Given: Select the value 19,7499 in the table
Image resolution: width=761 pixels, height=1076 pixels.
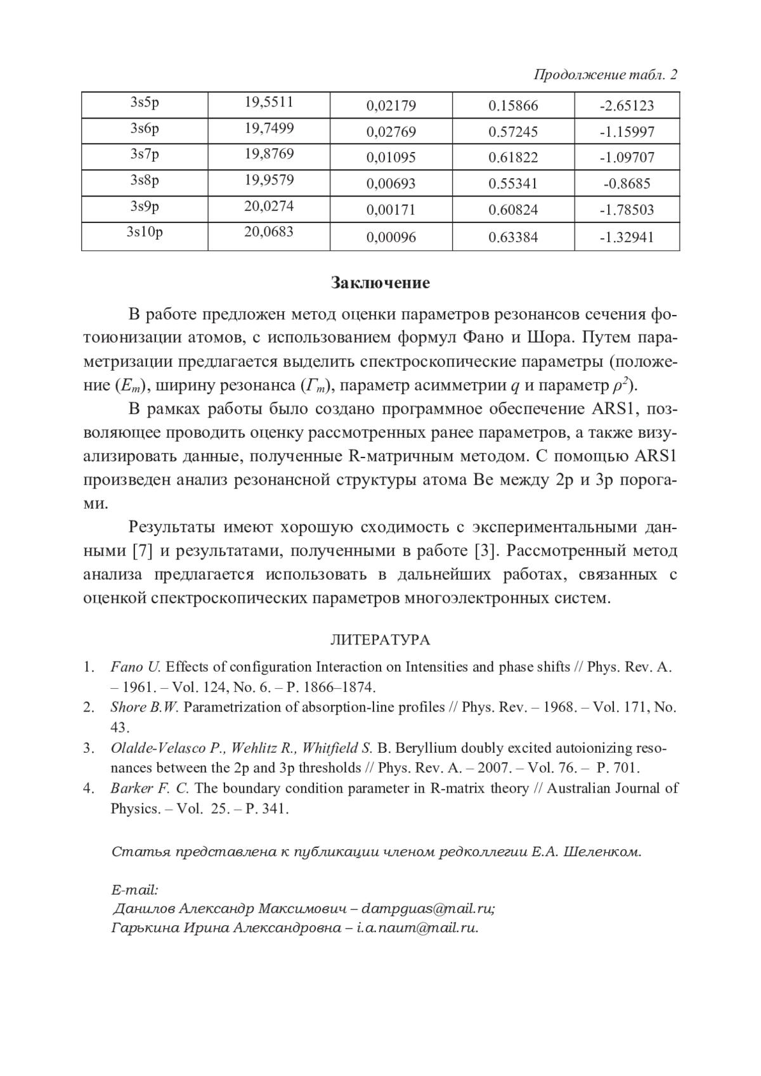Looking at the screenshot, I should (269, 129).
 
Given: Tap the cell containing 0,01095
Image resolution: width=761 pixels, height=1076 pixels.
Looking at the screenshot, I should (391, 158).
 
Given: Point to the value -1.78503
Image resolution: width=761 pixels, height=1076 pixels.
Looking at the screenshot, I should (627, 210).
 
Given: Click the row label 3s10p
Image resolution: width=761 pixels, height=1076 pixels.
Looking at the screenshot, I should (145, 232).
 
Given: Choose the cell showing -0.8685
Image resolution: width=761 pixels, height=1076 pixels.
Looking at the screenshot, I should (627, 184).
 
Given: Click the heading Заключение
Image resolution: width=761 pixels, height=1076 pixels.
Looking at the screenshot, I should (380, 283).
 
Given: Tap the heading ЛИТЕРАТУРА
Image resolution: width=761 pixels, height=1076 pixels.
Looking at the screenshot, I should (380, 640).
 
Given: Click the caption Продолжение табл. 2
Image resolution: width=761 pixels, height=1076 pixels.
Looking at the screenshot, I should (606, 75).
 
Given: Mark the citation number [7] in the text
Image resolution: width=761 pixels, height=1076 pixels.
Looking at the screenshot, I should (142, 551).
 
